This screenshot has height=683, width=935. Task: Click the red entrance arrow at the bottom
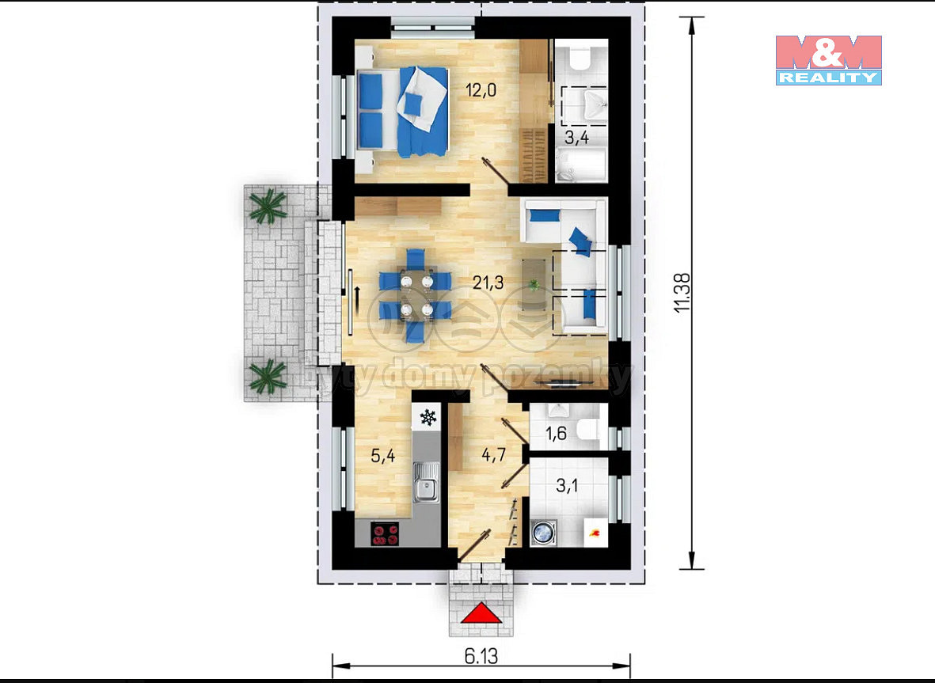pyautogui.click(x=481, y=613)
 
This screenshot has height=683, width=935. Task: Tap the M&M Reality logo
pyautogui.click(x=828, y=60)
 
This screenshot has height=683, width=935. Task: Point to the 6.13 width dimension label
pyautogui.click(x=481, y=656)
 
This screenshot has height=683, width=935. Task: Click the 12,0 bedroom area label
pyautogui.click(x=481, y=90)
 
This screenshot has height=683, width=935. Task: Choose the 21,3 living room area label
pyautogui.click(x=488, y=282)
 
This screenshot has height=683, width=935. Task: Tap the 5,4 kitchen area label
pyautogui.click(x=383, y=456)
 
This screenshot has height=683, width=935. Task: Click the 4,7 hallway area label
pyautogui.click(x=494, y=455)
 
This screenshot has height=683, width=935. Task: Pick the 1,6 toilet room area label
pyautogui.click(x=556, y=433)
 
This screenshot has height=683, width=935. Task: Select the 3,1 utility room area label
pyautogui.click(x=567, y=486)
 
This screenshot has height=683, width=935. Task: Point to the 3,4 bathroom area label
pyautogui.click(x=576, y=138)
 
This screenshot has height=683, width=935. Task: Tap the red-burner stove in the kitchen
pyautogui.click(x=386, y=534)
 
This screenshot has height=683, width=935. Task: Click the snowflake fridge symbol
pyautogui.click(x=428, y=417)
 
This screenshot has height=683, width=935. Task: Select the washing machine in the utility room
pyautogui.click(x=543, y=532)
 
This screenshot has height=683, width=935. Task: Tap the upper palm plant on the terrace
pyautogui.click(x=267, y=206)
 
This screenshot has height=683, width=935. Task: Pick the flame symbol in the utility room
pyautogui.click(x=595, y=532)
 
